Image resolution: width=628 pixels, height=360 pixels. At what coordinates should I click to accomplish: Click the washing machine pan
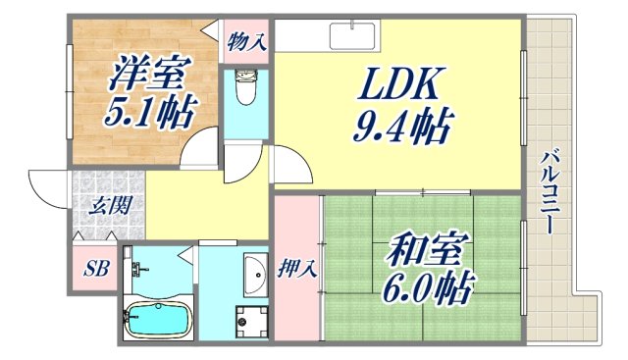pyautogui.click(x=250, y=318)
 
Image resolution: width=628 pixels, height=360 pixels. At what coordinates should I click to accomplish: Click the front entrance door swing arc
pyautogui.click(x=47, y=186)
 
